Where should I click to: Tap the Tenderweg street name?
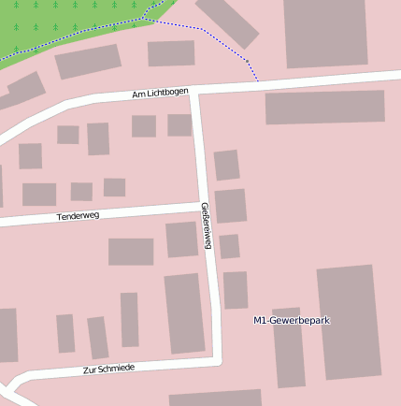click(x=78, y=216)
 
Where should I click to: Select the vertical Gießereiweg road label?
click(x=207, y=227)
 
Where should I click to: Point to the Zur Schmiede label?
click(x=108, y=369)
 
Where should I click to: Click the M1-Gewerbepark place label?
click(x=292, y=321)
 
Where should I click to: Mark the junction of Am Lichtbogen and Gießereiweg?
click(x=195, y=91)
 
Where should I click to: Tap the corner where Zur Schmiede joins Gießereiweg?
click(x=217, y=358)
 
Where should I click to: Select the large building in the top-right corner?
click(x=325, y=33)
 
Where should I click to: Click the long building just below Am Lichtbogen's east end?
click(x=324, y=107)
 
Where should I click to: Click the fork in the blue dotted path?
click(x=142, y=18)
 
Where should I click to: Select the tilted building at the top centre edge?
click(x=227, y=21)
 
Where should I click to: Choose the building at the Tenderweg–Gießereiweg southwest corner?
click(x=181, y=239)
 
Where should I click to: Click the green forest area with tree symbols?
click(x=65, y=23)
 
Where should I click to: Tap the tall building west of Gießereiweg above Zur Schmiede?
click(x=184, y=313)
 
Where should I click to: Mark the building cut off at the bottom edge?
click(x=215, y=398)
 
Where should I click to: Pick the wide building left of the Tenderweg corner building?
click(x=131, y=252)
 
